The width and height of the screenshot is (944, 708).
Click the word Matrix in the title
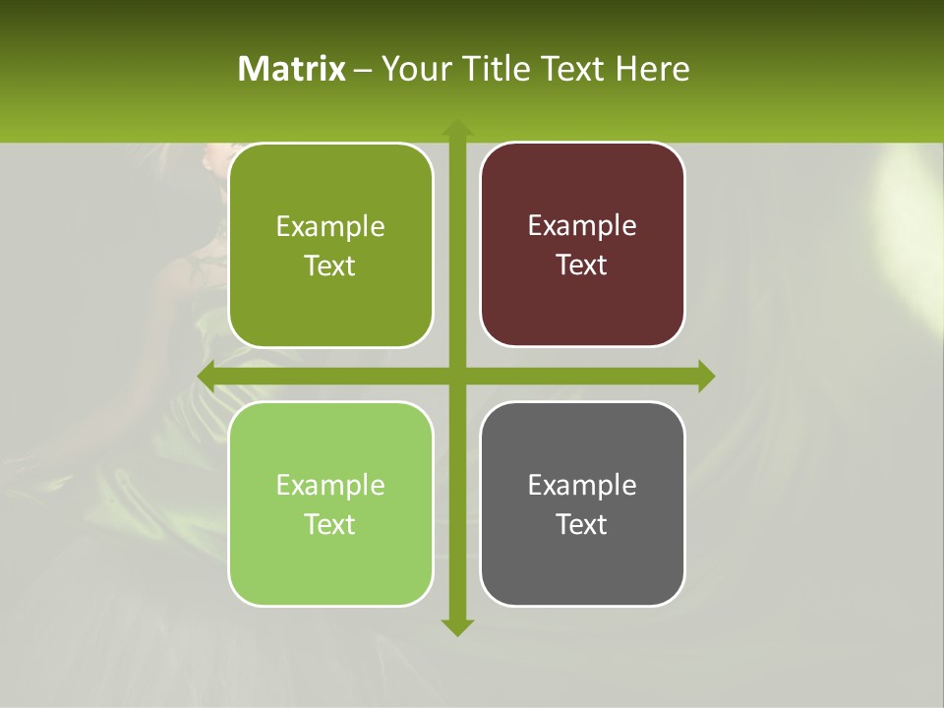[292, 69]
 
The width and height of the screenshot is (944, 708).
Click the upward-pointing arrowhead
[457, 128]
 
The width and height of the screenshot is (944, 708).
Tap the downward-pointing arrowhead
[457, 626]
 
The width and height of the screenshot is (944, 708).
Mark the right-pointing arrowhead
[706, 376]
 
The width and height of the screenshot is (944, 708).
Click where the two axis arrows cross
[457, 376]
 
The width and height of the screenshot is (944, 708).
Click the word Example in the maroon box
[582, 225]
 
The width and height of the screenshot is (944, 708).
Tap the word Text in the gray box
[582, 524]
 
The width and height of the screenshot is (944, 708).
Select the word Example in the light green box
[330, 485]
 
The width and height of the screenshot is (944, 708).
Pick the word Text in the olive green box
[330, 265]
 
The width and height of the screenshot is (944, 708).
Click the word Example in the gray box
[582, 485]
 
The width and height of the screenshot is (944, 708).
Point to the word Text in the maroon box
[582, 265]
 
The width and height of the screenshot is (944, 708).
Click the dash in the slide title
[364, 70]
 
